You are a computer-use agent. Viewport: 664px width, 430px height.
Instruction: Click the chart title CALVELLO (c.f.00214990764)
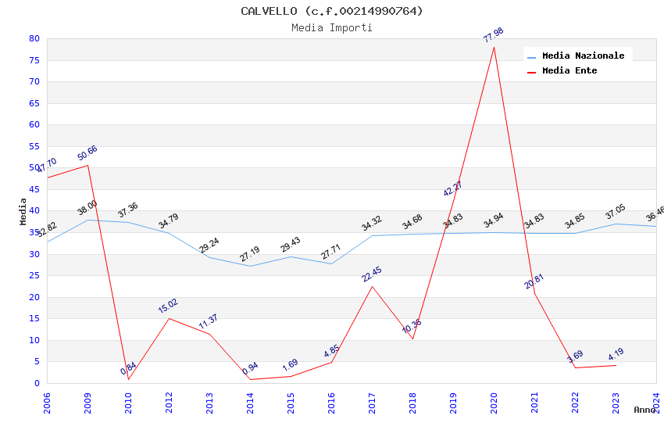pyautogui.click(x=332, y=11)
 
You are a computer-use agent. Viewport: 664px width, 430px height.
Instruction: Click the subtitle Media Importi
pyautogui.click(x=332, y=27)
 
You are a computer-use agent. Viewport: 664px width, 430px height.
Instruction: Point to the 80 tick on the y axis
pyautogui.click(x=34, y=39)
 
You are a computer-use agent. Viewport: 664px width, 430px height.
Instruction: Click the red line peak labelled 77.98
pyautogui.click(x=494, y=47)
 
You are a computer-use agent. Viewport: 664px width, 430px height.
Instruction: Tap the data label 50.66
pyautogui.click(x=87, y=153)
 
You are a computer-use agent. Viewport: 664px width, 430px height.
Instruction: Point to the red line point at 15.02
pyautogui.click(x=169, y=318)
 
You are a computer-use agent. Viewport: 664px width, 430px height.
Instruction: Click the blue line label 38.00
pyautogui.click(x=87, y=208)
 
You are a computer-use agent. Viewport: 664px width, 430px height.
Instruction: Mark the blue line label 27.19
pyautogui.click(x=250, y=254)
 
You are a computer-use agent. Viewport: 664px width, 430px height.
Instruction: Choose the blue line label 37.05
pyautogui.click(x=616, y=213)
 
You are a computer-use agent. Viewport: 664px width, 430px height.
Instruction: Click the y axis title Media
pyautogui.click(x=23, y=211)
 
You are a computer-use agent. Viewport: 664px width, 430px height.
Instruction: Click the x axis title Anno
pyautogui.click(x=644, y=410)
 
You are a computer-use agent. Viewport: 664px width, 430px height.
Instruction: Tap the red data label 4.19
pyautogui.click(x=616, y=354)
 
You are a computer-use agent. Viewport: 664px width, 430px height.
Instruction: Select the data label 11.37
pyautogui.click(x=209, y=322)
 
